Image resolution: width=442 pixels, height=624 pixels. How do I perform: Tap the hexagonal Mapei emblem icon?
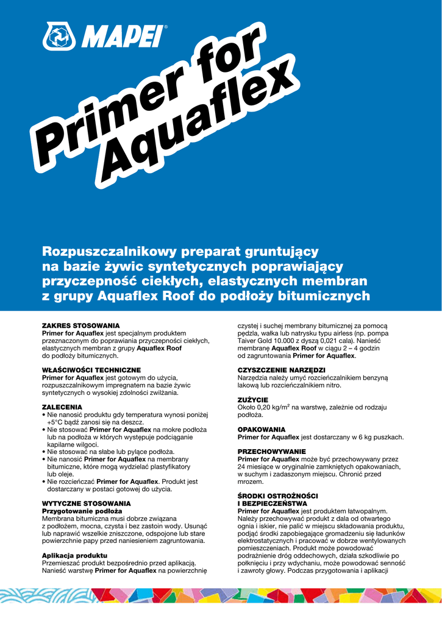(59, 36)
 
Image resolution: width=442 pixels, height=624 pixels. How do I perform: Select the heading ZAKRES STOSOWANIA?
(80, 326)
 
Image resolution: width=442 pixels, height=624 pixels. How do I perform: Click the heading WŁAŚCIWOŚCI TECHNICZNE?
(91, 370)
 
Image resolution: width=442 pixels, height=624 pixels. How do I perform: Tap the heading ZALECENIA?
(62, 406)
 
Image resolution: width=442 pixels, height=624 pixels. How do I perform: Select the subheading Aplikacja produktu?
(74, 556)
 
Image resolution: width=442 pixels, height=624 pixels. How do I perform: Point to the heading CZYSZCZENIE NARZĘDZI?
(281, 370)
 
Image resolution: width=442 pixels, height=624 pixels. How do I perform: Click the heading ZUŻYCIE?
(253, 400)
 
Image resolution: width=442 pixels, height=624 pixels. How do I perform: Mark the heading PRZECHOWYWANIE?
(271, 452)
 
